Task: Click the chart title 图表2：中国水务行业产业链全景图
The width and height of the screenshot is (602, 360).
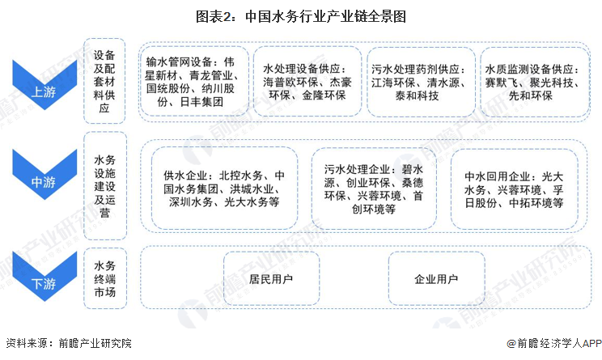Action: [x=301, y=17]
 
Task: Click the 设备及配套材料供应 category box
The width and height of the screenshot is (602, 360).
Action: [x=104, y=81]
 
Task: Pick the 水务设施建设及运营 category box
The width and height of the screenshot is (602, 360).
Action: [x=105, y=186]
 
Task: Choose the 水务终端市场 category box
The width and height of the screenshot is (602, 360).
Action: [x=105, y=278]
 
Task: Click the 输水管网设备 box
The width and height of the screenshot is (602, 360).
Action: [x=193, y=81]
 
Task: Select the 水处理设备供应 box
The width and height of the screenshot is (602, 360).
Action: [x=307, y=81]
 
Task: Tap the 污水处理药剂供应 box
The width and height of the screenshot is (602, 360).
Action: [x=422, y=82]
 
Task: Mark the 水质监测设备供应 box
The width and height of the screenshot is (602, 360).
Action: [x=534, y=82]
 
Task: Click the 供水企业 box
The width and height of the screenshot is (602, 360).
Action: [x=225, y=188]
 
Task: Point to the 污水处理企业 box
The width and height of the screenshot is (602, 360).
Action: [x=374, y=188]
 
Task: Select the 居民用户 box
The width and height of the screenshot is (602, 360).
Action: [x=271, y=278]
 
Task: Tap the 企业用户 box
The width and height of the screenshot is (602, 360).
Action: [x=436, y=278]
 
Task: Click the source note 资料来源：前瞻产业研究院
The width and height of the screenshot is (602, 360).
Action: [x=69, y=343]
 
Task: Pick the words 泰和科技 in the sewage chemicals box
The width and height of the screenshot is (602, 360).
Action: [x=418, y=95]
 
